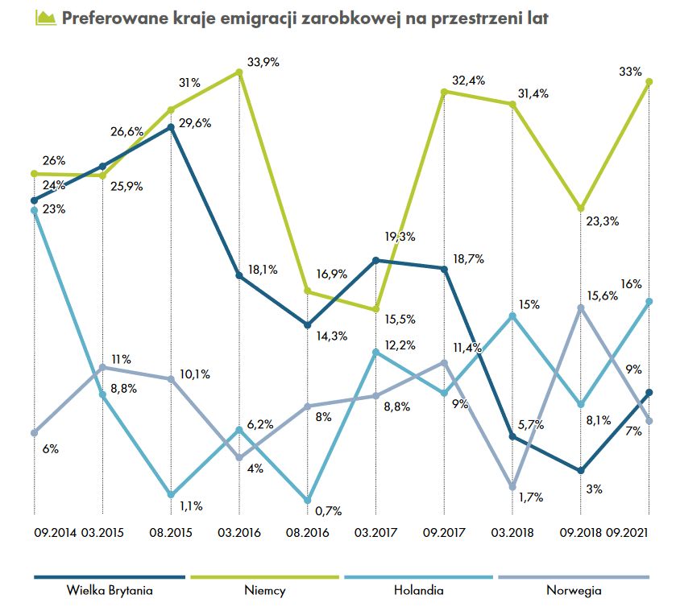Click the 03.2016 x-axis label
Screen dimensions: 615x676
pyautogui.click(x=238, y=533)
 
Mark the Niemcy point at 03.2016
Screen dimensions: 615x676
pyautogui.click(x=239, y=72)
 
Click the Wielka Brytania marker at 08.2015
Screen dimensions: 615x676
pyautogui.click(x=171, y=126)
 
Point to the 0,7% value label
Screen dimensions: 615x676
pyautogui.click(x=329, y=510)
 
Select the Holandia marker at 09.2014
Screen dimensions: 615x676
pyautogui.click(x=34, y=211)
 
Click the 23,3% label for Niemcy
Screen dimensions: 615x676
pyautogui.click(x=602, y=221)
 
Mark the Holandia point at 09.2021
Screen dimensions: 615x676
pyautogui.click(x=649, y=301)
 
